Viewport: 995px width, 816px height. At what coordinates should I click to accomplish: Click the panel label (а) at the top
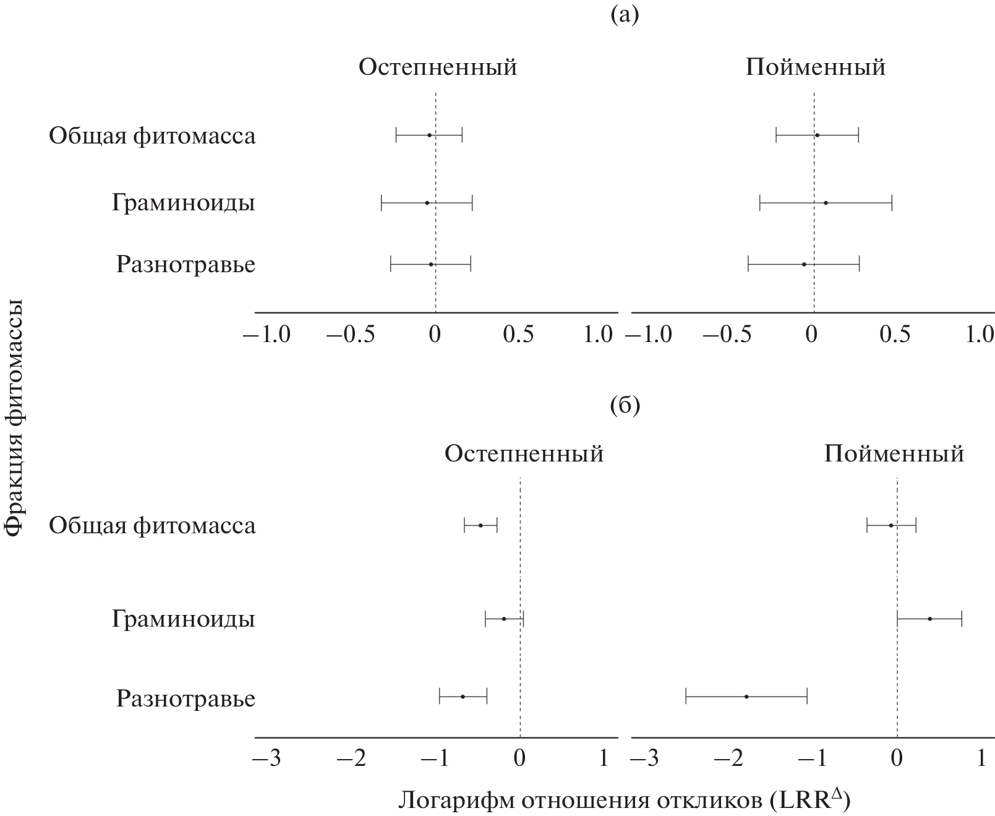(x=625, y=15)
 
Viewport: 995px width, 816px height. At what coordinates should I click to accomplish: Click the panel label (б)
(x=625, y=406)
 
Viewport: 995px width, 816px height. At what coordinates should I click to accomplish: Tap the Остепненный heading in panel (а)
(x=438, y=67)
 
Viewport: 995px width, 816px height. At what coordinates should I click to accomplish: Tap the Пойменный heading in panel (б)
(x=894, y=455)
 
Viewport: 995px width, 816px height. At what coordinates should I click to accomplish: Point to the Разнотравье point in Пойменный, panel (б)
(x=746, y=697)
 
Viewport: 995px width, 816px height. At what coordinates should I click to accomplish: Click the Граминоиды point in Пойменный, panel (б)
(x=929, y=619)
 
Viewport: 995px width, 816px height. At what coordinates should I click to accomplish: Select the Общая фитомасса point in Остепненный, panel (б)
(x=480, y=525)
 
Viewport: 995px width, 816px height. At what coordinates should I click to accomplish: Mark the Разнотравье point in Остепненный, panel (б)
(x=463, y=697)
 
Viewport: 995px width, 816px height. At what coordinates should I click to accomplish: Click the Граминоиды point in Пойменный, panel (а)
(x=826, y=203)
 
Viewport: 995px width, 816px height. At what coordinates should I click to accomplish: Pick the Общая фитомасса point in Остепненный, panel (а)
(x=429, y=135)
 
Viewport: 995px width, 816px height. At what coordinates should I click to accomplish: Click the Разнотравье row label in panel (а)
(x=186, y=265)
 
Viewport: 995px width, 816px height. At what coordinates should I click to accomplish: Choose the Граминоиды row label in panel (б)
(x=184, y=619)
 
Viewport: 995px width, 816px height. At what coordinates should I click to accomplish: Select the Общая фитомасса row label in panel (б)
(x=152, y=526)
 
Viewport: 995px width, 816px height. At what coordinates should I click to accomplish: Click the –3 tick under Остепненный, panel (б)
(x=267, y=758)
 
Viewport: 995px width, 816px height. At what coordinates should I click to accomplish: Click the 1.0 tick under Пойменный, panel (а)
(x=980, y=335)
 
